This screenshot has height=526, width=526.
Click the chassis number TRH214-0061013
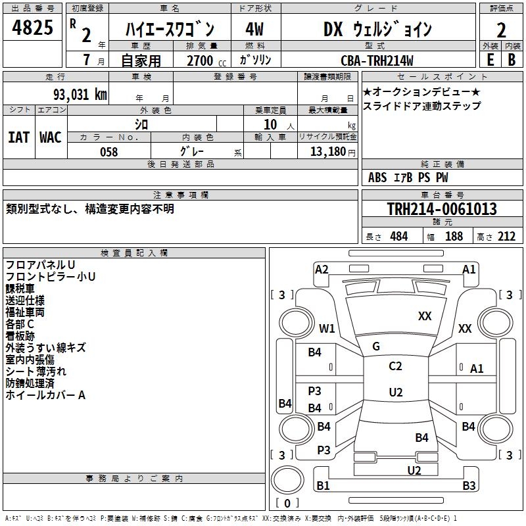click(x=442, y=209)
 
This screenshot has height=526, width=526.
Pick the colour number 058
click(x=108, y=152)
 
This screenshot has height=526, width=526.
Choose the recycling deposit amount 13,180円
click(x=332, y=152)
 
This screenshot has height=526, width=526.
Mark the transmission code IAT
click(x=18, y=137)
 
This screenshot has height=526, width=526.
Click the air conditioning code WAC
click(x=50, y=137)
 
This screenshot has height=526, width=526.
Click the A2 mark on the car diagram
click(x=322, y=269)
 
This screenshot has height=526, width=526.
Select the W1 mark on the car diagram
click(x=327, y=328)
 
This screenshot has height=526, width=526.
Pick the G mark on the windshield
click(x=376, y=347)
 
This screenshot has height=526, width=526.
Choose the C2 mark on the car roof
click(x=395, y=366)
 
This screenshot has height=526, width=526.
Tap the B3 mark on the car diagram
click(x=469, y=486)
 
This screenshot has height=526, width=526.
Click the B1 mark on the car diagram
click(x=323, y=486)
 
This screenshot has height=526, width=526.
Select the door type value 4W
click(x=254, y=30)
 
